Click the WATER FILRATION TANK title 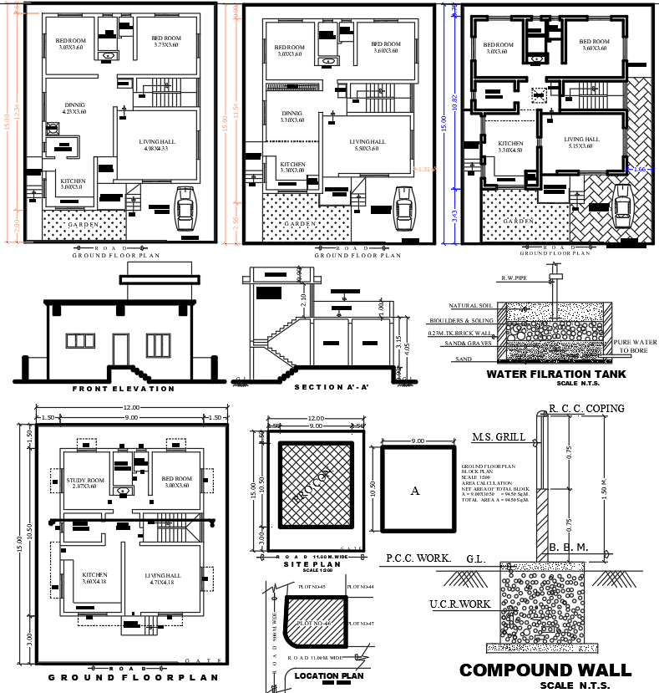(x=555, y=374)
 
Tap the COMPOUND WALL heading (x=546, y=670)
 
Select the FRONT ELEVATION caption (x=124, y=389)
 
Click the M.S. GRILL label (x=499, y=437)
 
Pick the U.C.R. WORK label (x=459, y=603)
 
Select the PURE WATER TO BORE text (x=635, y=346)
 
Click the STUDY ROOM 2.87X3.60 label (x=85, y=482)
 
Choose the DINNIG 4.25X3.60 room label (x=74, y=108)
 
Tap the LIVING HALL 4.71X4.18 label (x=163, y=578)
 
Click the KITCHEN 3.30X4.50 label (x=510, y=147)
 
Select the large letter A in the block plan (x=414, y=491)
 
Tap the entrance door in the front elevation (x=121, y=350)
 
